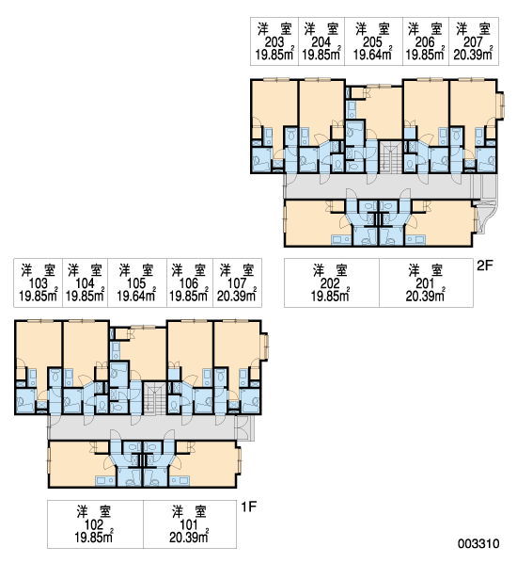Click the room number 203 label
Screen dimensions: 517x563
coord(274,42)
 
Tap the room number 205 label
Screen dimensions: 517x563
coord(372,42)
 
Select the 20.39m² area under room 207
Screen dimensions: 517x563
coord(473,55)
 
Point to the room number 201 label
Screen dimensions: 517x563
coord(425,283)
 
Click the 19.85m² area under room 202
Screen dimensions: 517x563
coord(330,296)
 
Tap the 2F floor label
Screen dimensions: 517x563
coord(485,265)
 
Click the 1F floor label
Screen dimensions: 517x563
coord(249,507)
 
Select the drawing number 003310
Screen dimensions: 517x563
coord(478,543)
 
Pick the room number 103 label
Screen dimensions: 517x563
coord(38,283)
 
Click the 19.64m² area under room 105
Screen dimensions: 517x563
coord(136,296)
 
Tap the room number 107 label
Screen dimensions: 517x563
coord(237,283)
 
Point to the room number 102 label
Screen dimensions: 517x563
coord(94,525)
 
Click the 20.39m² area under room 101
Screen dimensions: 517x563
coord(189,537)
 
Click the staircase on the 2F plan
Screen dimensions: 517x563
coord(391,157)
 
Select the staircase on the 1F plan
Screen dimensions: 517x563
coord(154,398)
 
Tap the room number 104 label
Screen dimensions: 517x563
coord(85,283)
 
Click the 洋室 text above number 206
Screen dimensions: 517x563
coord(425,29)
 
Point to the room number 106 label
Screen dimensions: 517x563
coord(189,283)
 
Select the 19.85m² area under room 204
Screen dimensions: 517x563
coord(321,55)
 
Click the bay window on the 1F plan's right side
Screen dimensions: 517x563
coord(266,346)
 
